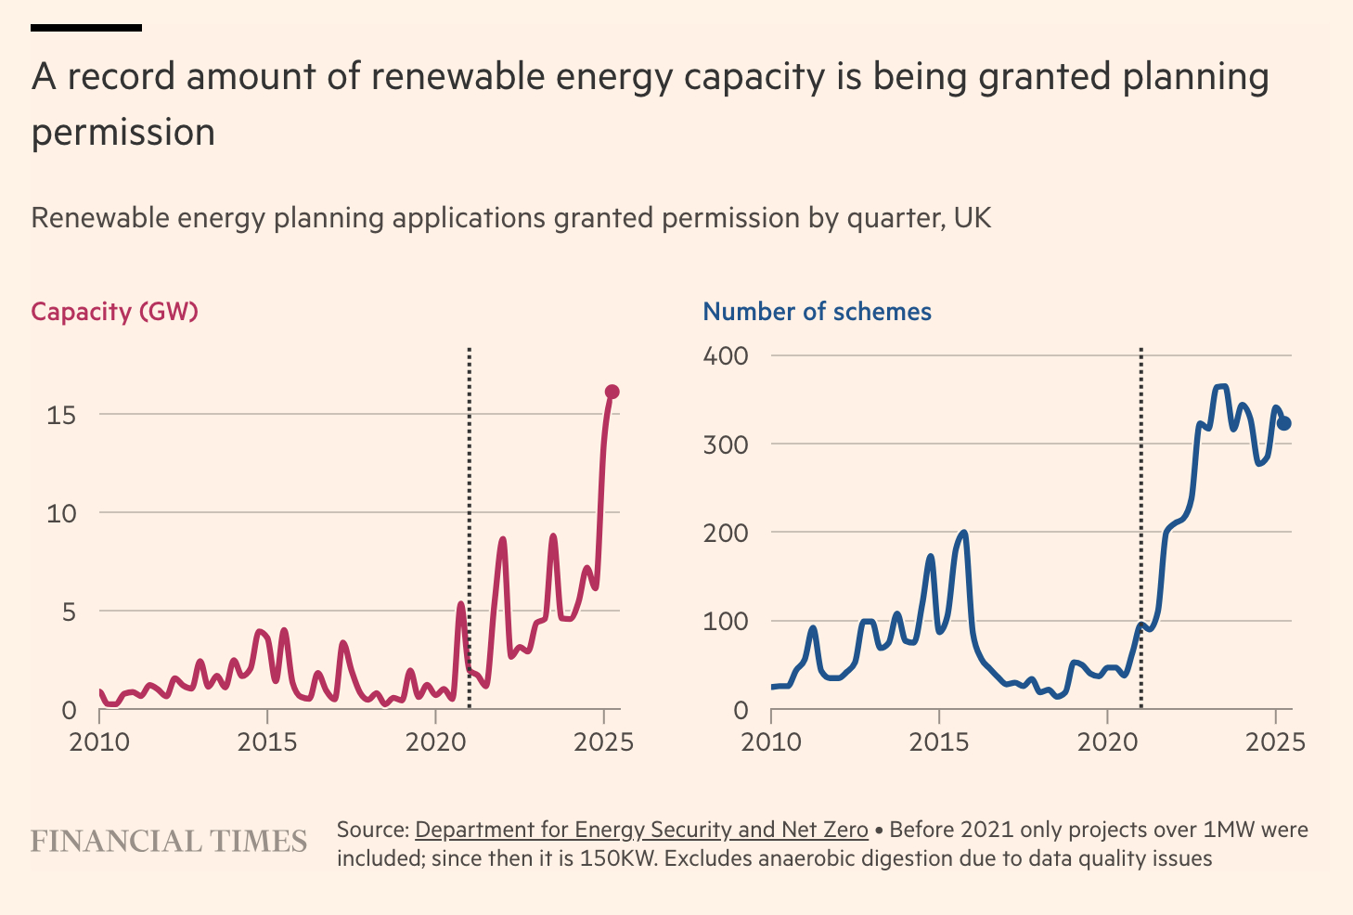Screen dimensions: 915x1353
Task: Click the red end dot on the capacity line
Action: pyautogui.click(x=612, y=392)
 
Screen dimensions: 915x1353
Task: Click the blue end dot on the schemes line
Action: pyautogui.click(x=1284, y=423)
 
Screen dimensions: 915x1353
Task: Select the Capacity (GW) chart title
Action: pyautogui.click(x=115, y=312)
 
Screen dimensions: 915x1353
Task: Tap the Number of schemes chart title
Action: pyautogui.click(x=817, y=312)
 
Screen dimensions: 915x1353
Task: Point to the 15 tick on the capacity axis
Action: pyautogui.click(x=61, y=415)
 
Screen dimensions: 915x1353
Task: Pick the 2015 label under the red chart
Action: pyautogui.click(x=267, y=742)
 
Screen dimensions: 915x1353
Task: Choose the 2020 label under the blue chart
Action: pyautogui.click(x=1107, y=742)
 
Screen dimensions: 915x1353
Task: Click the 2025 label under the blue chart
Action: pyautogui.click(x=1275, y=742)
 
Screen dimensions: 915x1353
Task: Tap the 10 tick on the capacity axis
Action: pyautogui.click(x=61, y=513)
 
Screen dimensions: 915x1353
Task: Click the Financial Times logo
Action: pyautogui.click(x=169, y=842)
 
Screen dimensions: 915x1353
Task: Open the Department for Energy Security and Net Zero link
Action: pyautogui.click(x=641, y=830)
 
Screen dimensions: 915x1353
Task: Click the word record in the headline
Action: pyautogui.click(x=125, y=77)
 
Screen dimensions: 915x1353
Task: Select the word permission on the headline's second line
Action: pyautogui.click(x=123, y=133)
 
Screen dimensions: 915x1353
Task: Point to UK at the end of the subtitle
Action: pyautogui.click(x=973, y=218)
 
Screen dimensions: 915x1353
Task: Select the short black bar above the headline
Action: pyautogui.click(x=86, y=28)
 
